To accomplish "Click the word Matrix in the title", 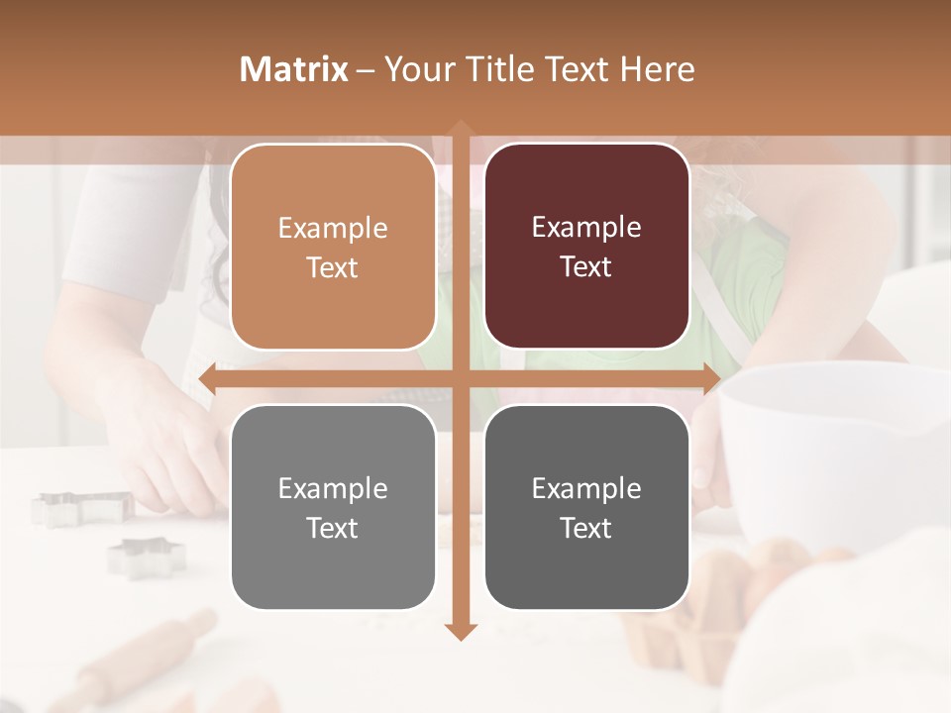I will (294, 69).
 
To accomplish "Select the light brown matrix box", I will (333, 247).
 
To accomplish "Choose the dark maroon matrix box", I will (586, 247).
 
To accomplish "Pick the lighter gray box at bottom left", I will (333, 507).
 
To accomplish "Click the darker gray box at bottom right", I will (586, 507).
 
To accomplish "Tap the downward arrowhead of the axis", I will (460, 631).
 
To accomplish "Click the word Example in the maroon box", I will (586, 228).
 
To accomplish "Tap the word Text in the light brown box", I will (333, 268).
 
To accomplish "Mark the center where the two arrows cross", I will (460, 379).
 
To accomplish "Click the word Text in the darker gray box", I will (586, 529).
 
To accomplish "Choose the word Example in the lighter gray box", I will (333, 488).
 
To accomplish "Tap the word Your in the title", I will (416, 69).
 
